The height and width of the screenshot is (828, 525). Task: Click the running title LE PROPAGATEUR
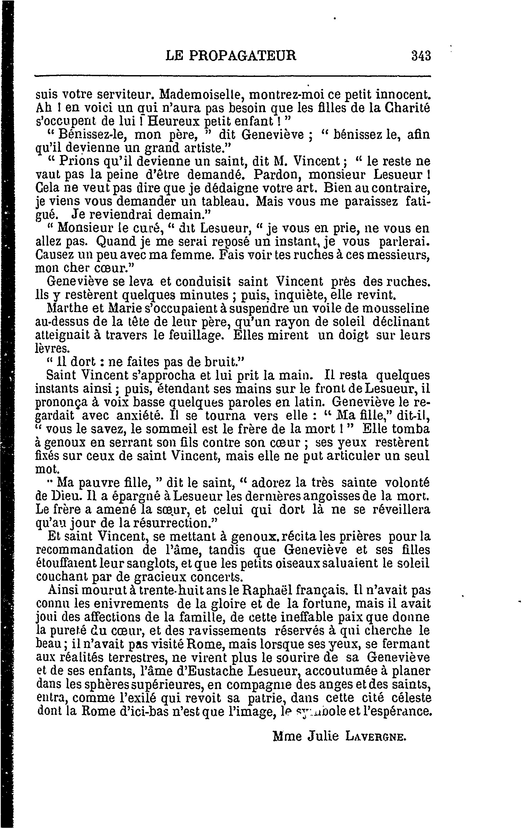[x=231, y=55]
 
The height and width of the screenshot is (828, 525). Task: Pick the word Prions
[x=78, y=161]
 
